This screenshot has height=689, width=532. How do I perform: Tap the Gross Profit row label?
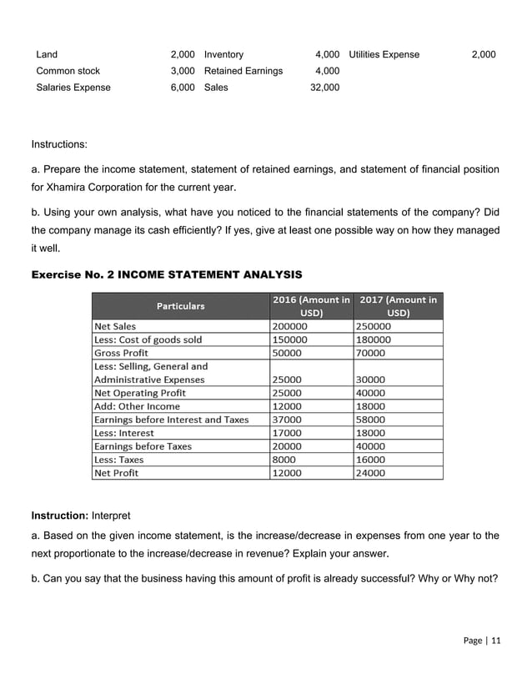point(121,353)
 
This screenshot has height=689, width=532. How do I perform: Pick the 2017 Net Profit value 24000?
point(371,473)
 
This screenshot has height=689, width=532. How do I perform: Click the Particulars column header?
point(181,306)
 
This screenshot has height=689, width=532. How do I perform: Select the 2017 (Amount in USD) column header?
point(398,306)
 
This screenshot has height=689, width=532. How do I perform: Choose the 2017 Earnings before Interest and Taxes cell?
point(371,420)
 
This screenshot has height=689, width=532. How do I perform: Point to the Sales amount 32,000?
point(324,87)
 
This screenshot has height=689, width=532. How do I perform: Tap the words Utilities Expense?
point(384,54)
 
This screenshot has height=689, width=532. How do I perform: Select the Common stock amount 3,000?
point(182,71)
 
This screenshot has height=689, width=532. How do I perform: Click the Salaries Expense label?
point(73,87)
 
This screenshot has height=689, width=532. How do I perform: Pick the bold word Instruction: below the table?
point(59,514)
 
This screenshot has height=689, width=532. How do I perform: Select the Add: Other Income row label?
point(137,406)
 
